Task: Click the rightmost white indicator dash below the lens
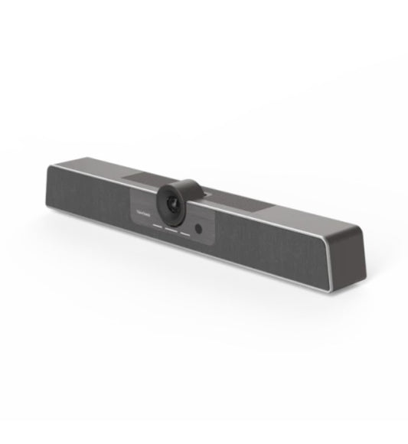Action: tap(185, 234)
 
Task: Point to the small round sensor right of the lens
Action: tap(199, 228)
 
